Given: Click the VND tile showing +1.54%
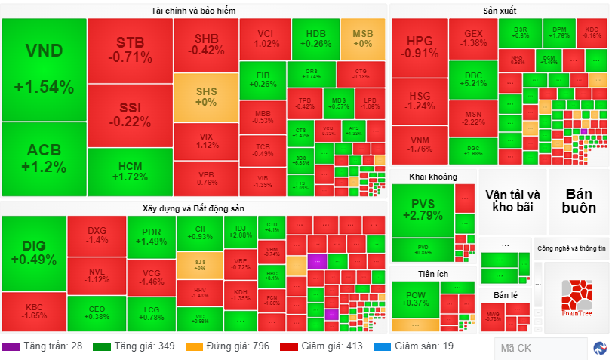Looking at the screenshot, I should tap(44, 69).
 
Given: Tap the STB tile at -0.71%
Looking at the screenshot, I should tap(130, 48).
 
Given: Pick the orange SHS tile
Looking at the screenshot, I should tap(206, 97).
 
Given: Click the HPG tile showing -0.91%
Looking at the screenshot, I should tap(420, 47).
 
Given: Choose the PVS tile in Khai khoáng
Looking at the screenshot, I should tap(423, 210).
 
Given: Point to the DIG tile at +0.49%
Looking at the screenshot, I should tap(34, 253).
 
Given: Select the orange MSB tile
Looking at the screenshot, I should tap(363, 38).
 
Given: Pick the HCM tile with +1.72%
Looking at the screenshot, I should tap(130, 172).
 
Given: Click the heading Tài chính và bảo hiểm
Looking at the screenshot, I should tap(194, 10).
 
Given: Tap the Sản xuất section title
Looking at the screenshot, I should tap(500, 10).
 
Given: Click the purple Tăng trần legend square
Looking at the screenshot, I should tap(11, 346).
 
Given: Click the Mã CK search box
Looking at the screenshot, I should tap(540, 348).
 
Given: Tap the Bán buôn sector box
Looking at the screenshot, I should tap(578, 201).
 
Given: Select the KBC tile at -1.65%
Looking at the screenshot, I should tap(34, 312).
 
